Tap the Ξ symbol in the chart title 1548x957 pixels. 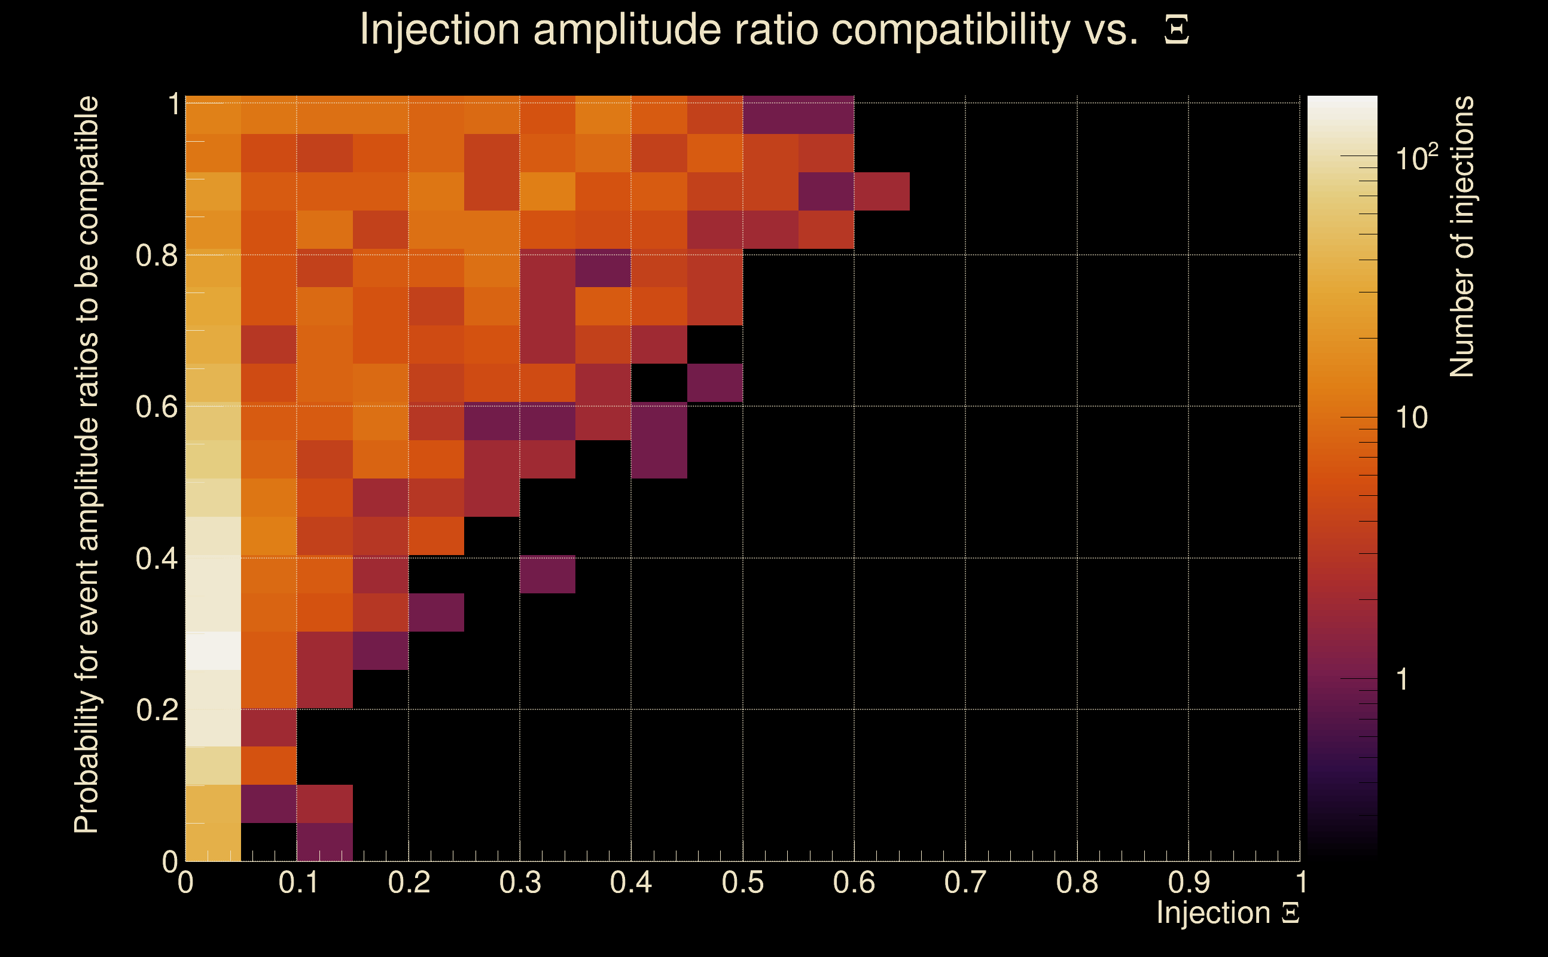click(x=1176, y=30)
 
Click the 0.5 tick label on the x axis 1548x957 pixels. click(x=742, y=882)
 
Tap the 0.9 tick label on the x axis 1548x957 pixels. click(x=1188, y=882)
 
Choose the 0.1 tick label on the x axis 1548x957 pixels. click(x=298, y=882)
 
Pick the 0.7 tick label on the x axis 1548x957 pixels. click(x=965, y=882)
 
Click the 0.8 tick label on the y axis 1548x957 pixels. click(x=157, y=255)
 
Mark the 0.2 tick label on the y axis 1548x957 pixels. click(x=157, y=709)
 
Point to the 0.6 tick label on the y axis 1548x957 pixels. click(x=157, y=406)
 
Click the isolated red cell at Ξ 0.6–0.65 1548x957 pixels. click(x=882, y=191)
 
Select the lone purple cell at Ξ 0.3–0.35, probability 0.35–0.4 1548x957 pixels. click(x=547, y=574)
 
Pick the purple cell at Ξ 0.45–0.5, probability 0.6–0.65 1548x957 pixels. click(x=715, y=383)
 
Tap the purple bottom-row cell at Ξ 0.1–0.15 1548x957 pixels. click(x=325, y=842)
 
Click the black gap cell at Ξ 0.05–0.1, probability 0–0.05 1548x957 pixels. click(x=269, y=842)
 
